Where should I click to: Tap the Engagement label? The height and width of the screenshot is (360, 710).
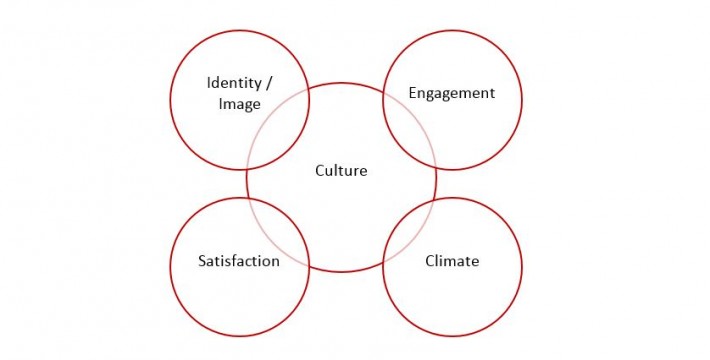(452, 93)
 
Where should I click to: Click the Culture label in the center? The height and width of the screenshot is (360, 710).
(341, 171)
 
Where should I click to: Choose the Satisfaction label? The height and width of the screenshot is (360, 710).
(238, 262)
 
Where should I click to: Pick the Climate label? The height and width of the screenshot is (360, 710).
(452, 262)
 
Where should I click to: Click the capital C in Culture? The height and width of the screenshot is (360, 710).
(320, 171)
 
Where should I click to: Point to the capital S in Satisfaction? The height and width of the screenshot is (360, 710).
(202, 262)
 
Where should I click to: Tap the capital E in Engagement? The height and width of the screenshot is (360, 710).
(413, 93)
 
